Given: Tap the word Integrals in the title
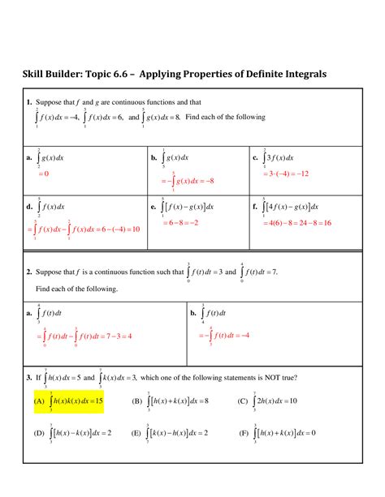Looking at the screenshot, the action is click(300, 75).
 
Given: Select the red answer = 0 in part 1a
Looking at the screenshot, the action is click(43, 174).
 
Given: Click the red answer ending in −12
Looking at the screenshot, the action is click(284, 174).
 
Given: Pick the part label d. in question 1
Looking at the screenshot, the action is click(28, 207).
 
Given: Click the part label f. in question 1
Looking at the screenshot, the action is click(255, 207).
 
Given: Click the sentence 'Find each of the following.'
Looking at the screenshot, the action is click(77, 289).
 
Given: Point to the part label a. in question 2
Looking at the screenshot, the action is click(28, 313).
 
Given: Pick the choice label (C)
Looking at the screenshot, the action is click(242, 401).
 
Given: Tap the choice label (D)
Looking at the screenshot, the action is click(38, 433).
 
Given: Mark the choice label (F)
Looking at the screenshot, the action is click(242, 433).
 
